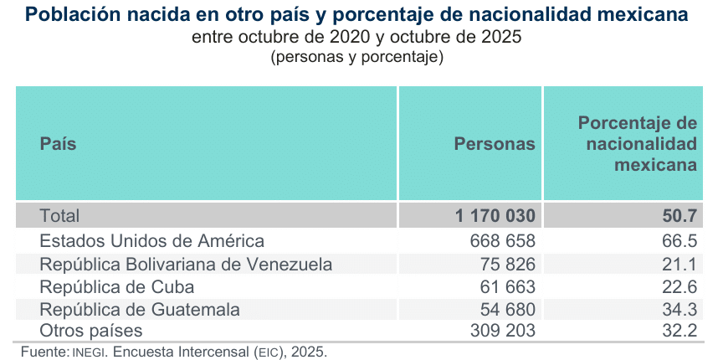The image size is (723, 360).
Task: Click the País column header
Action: [58, 144]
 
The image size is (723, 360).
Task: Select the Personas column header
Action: [495, 144]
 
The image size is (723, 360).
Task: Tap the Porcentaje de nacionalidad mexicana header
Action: [638, 144]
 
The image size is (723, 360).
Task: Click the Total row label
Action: [59, 215]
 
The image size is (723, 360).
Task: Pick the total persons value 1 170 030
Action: [495, 215]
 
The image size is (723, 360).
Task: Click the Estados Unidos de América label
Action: [152, 240]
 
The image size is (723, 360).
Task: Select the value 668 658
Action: [503, 240]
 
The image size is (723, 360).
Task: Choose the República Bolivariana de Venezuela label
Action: [186, 264]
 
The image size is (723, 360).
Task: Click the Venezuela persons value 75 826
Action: [508, 264]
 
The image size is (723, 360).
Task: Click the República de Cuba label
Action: [117, 286]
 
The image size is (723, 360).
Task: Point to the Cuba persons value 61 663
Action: [508, 286]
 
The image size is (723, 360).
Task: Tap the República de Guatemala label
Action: [140, 309]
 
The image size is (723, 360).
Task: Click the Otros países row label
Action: [91, 331]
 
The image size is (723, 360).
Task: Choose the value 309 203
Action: [503, 331]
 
